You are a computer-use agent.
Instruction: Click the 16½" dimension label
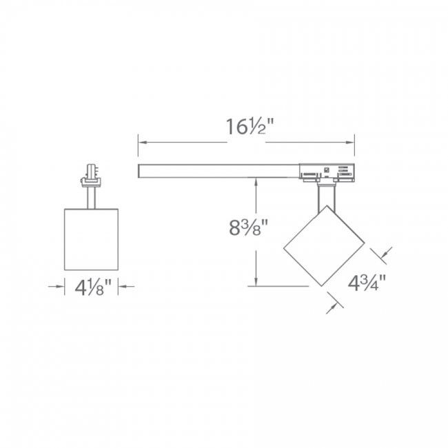pos(246,129)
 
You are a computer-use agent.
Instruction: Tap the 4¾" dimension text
pos(365,283)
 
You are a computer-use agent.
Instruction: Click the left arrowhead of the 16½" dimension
pos(142,143)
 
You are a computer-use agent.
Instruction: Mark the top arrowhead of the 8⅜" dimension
pos(256,181)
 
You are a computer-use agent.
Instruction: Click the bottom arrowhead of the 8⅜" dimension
pos(256,281)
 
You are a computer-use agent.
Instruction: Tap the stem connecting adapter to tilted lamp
pos(323,197)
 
